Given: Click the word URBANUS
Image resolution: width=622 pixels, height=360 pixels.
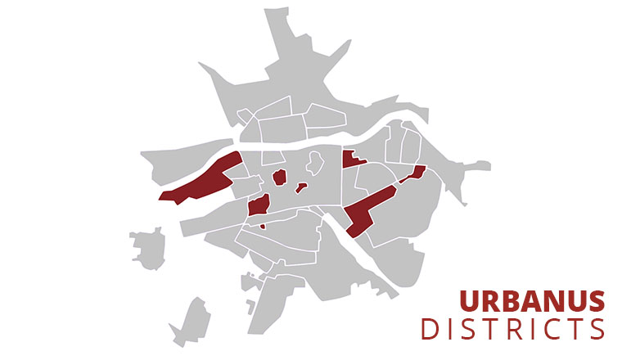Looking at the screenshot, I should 531,301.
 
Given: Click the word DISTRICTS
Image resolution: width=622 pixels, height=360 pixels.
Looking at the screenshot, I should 512,329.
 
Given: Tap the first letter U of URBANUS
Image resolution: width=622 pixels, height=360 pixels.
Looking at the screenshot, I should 469,301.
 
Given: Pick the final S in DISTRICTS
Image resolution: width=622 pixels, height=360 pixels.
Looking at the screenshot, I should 595,329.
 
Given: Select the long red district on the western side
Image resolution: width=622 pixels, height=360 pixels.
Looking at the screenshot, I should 201,180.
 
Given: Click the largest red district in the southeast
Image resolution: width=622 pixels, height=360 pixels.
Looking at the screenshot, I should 368,209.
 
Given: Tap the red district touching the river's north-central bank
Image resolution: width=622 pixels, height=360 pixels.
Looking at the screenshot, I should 352,160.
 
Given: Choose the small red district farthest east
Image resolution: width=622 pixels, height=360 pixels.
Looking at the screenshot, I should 415,173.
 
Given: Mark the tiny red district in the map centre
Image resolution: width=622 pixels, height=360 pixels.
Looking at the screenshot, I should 301,187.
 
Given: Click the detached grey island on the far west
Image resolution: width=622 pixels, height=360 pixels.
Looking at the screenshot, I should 148,246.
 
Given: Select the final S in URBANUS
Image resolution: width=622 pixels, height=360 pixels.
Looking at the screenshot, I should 597,301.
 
